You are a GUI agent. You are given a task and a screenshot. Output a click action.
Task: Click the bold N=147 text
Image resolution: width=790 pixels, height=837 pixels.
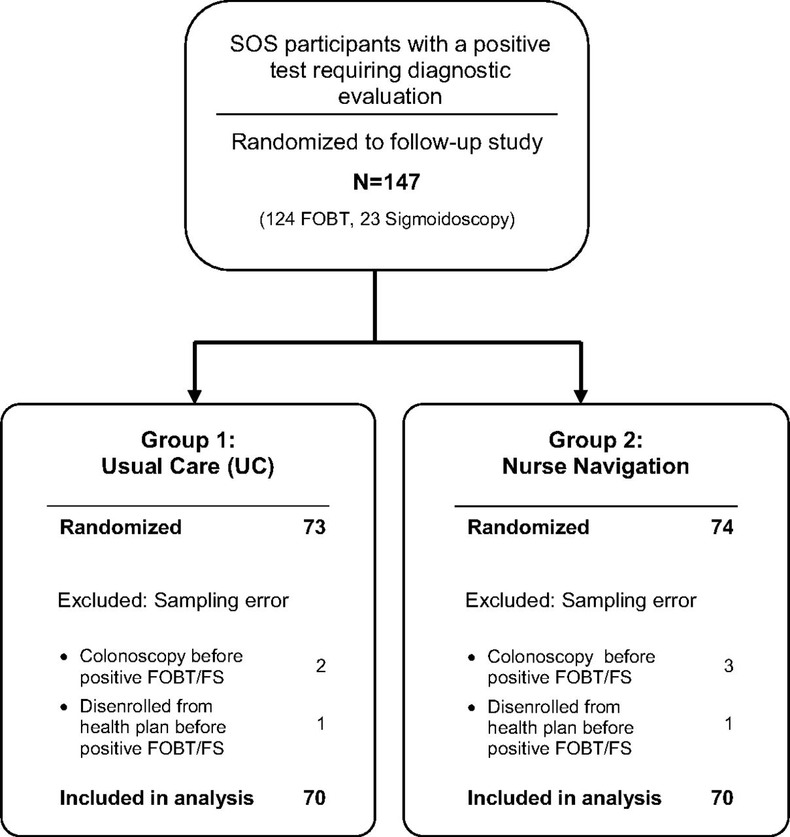tap(386, 182)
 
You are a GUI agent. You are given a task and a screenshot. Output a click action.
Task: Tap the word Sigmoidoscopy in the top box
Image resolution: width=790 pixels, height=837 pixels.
tap(446, 220)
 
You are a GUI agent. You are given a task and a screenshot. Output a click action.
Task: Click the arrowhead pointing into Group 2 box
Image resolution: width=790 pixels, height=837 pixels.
tap(581, 396)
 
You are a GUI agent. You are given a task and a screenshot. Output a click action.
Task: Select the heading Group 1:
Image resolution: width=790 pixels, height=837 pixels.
tap(188, 440)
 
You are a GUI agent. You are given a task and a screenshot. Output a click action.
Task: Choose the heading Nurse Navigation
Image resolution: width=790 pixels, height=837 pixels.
tap(596, 466)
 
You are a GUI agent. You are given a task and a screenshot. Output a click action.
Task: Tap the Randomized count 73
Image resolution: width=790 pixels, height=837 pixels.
tap(314, 527)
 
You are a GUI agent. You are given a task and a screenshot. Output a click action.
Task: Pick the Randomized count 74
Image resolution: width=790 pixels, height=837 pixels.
tap(722, 527)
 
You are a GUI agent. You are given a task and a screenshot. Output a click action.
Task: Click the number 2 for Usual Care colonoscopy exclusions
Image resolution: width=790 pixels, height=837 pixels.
tap(321, 666)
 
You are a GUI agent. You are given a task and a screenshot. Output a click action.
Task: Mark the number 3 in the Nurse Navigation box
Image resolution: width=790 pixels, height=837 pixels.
tap(729, 666)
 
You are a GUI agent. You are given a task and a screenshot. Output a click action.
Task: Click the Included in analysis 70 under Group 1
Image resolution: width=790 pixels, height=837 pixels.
tap(314, 798)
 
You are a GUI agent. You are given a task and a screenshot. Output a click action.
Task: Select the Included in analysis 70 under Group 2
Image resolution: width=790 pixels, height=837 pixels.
tap(722, 798)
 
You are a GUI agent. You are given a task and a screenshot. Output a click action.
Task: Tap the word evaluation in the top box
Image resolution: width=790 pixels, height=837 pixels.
tap(390, 97)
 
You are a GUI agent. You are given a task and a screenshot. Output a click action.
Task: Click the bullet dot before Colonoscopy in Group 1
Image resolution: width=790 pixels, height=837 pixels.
tap(64, 657)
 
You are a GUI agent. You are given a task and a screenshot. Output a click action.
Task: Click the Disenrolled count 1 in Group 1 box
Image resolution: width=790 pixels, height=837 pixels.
tap(321, 724)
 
